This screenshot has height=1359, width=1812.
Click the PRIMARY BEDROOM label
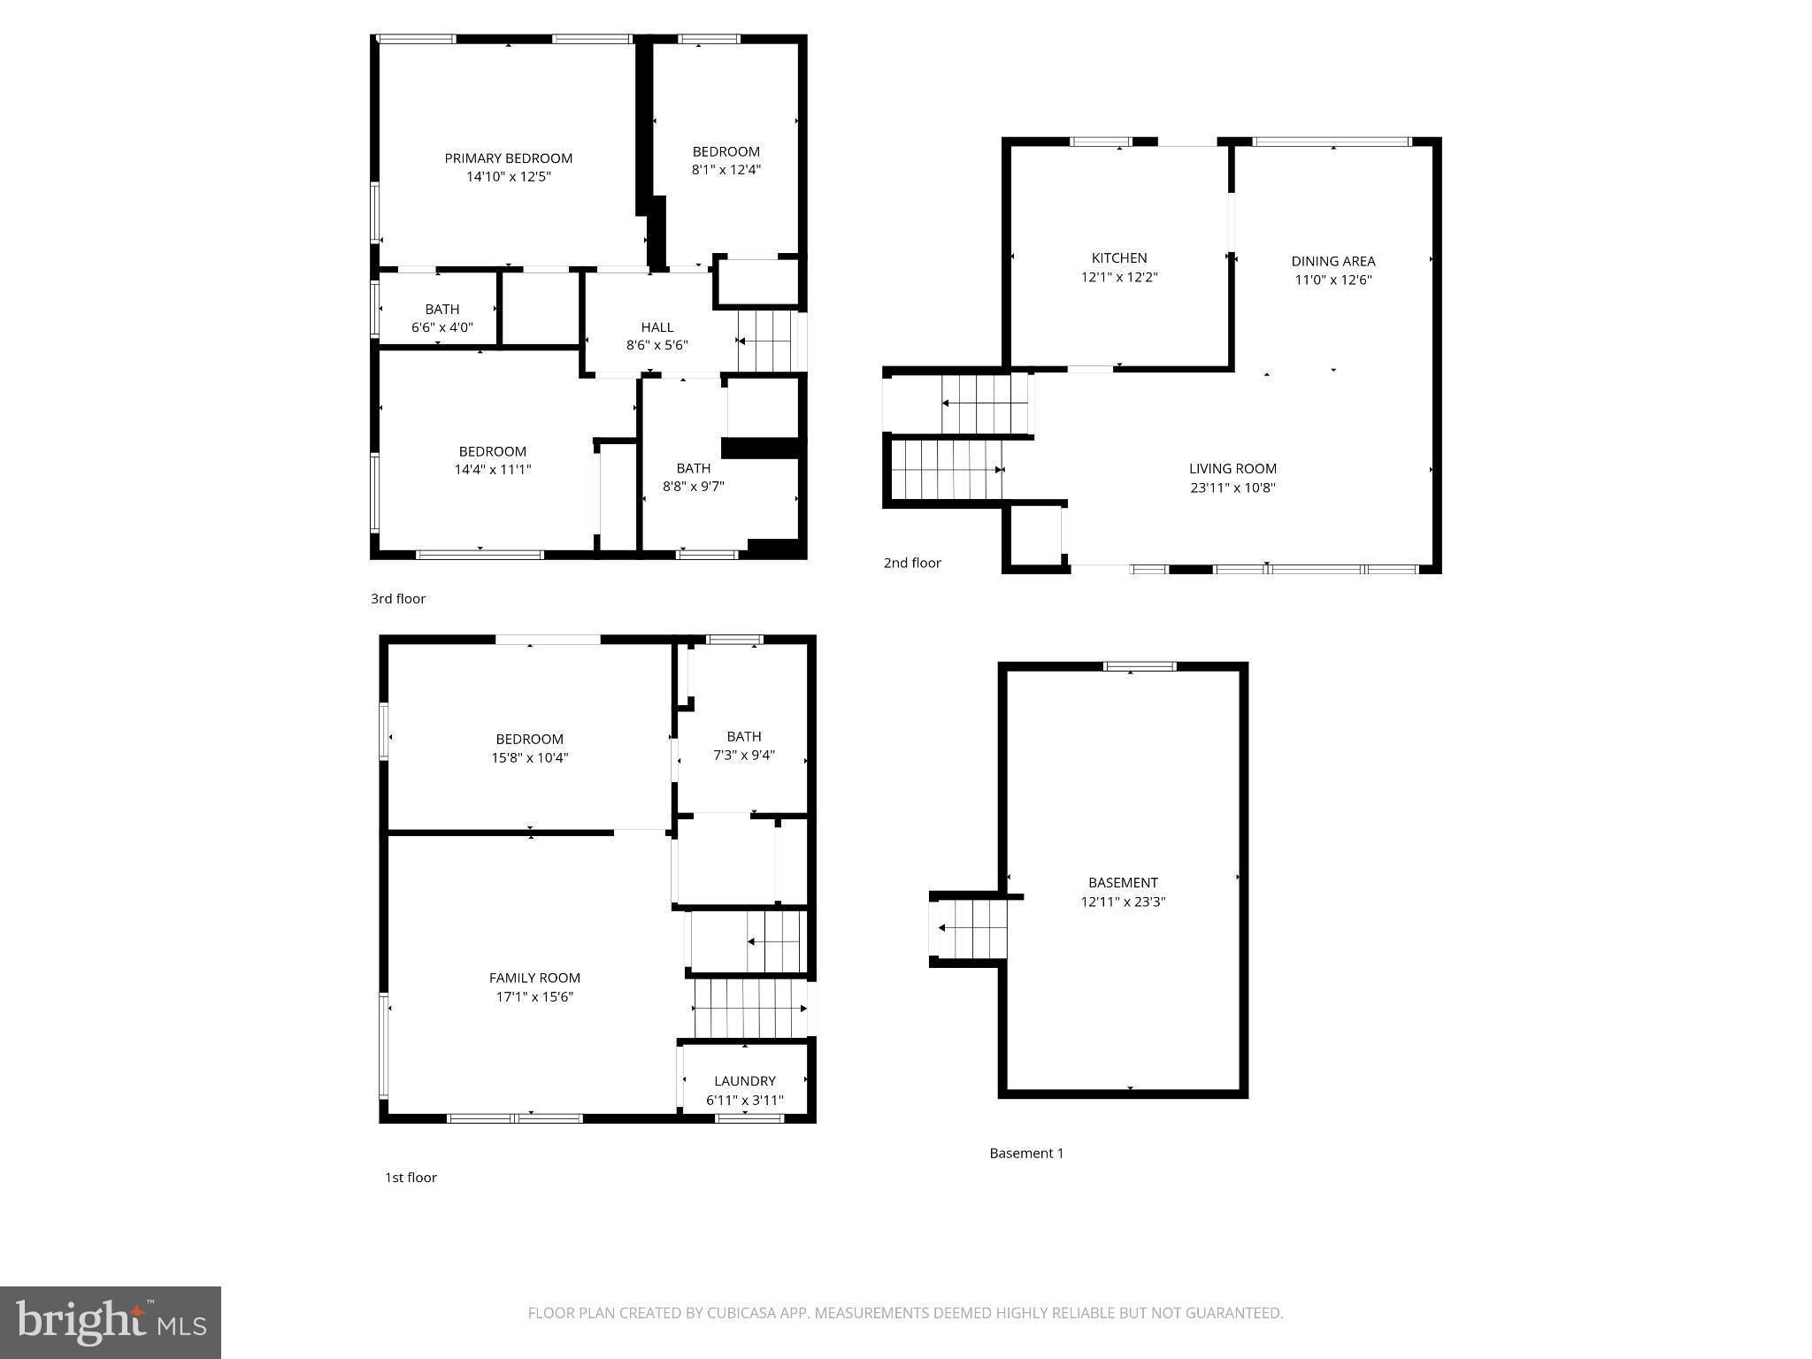point(508,158)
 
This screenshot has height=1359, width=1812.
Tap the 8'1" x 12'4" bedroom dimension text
point(726,170)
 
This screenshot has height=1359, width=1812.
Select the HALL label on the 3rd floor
point(656,327)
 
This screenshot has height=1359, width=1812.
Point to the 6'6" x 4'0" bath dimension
point(441,327)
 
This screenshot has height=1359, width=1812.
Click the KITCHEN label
point(1118,258)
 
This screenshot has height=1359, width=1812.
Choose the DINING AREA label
point(1332,261)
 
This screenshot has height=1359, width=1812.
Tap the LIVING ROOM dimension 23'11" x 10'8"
point(1232,488)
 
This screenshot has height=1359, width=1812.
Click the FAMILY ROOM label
point(534,978)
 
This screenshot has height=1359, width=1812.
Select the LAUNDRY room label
point(744,1081)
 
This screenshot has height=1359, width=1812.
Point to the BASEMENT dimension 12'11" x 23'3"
point(1122,902)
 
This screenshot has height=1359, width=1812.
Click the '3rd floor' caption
point(398,599)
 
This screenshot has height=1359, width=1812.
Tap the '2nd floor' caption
point(912,563)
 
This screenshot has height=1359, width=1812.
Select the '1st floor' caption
point(411,1178)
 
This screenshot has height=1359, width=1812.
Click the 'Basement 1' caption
point(1026,1153)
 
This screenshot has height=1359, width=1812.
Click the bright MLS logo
point(111,1322)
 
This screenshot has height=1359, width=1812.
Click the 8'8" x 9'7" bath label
point(693,468)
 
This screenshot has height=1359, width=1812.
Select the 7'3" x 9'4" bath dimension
point(743,755)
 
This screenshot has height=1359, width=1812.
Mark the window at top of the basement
point(1140,666)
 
